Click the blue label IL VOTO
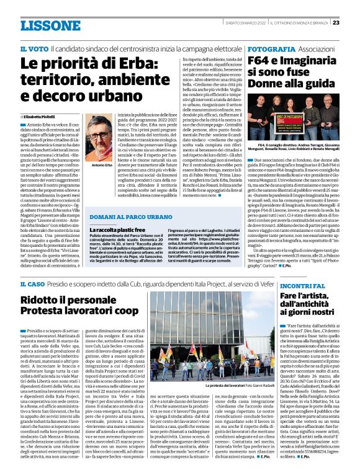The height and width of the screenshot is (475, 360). (x=33, y=48)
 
